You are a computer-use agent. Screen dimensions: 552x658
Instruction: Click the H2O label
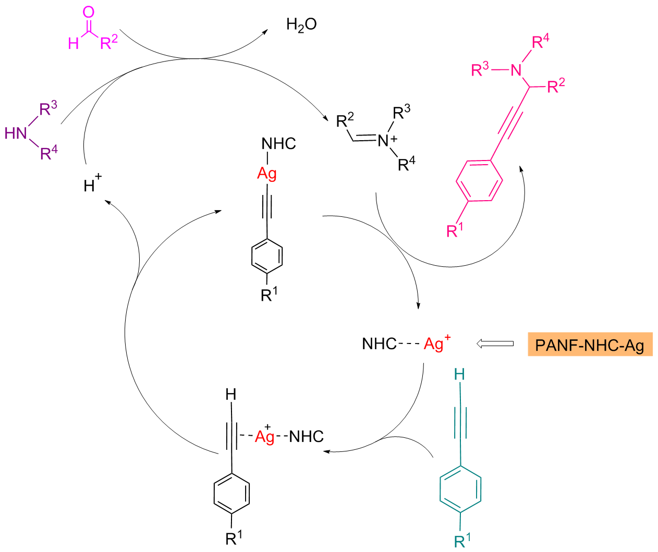(301, 24)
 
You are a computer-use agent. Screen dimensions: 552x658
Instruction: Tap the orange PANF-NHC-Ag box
(590, 345)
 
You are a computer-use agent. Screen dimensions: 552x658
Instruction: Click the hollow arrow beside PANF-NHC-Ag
(495, 344)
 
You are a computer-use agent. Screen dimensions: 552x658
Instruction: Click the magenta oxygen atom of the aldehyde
(89, 11)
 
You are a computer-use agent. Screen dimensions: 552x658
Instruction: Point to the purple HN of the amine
(16, 133)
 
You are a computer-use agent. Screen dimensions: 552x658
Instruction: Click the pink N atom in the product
(516, 70)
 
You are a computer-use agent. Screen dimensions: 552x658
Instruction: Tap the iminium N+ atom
(386, 140)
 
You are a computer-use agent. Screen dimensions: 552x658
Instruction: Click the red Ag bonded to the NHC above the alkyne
(267, 173)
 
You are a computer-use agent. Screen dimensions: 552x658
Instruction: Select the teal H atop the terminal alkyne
(459, 374)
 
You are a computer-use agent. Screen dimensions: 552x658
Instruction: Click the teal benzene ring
(460, 488)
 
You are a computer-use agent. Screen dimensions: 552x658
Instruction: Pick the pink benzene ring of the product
(480, 181)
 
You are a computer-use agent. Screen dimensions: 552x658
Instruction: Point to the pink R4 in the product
(540, 42)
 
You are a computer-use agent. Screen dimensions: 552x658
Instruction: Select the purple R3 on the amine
(48, 109)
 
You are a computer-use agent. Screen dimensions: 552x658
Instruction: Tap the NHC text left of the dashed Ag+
(380, 344)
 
